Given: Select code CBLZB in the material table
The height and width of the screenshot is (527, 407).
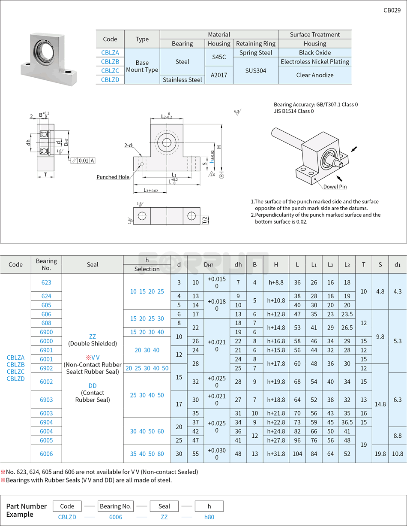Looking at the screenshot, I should (110, 61).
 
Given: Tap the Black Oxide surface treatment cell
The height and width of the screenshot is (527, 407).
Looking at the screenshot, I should (315, 52).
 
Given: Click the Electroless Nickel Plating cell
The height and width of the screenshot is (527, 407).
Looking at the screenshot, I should (315, 61).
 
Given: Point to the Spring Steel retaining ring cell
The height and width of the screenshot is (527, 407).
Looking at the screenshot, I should (255, 52).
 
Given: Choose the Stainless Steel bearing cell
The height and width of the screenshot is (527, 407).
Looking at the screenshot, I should (182, 79).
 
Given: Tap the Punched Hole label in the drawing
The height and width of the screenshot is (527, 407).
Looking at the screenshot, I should (113, 177).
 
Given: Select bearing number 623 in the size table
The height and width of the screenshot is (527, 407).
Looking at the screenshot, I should (46, 282).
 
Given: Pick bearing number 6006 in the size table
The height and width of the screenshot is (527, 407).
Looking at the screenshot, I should (46, 454).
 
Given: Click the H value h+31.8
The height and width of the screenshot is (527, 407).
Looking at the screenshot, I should (276, 454).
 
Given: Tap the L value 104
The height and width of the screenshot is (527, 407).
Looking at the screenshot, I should (297, 454).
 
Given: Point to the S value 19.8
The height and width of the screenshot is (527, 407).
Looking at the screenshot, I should (380, 454).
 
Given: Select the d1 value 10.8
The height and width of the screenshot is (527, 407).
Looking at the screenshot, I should (398, 454).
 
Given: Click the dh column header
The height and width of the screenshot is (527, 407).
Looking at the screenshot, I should (238, 264).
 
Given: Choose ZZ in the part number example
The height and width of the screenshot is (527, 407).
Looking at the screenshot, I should (164, 517).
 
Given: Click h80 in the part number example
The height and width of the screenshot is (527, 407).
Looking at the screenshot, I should (209, 517).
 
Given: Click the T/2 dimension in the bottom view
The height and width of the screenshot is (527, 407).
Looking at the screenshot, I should (205, 220).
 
